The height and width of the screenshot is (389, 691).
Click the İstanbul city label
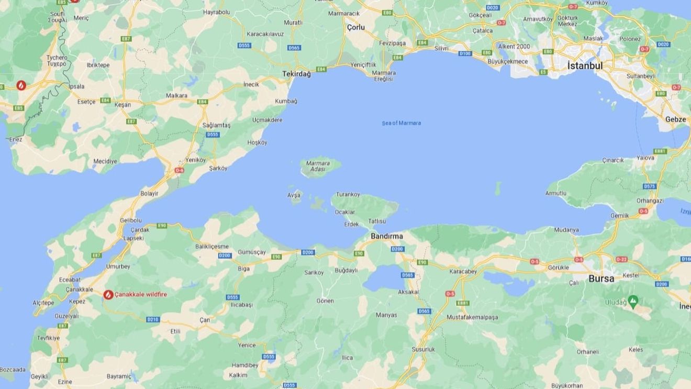click(585, 66)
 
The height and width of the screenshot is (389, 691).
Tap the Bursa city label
click(601, 279)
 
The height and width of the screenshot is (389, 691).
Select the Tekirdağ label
click(296, 74)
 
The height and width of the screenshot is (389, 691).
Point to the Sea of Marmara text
click(401, 123)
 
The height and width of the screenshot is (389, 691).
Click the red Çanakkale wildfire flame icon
click(108, 295)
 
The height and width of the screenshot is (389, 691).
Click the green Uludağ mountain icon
click(633, 301)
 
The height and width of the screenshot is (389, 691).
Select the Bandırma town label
click(387, 236)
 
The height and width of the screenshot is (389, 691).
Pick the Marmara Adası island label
click(318, 166)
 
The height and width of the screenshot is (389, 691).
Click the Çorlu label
click(356, 26)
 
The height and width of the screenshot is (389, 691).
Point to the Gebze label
click(675, 119)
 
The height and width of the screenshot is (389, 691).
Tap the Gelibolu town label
click(131, 220)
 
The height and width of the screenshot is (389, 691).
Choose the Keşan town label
click(122, 105)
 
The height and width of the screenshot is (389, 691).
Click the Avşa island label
click(294, 195)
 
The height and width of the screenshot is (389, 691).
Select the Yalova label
click(645, 158)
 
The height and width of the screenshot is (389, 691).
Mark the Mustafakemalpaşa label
click(472, 317)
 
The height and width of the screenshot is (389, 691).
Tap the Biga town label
click(244, 269)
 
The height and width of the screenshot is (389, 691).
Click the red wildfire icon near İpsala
click(21, 84)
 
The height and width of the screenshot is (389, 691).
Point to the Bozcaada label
click(13, 370)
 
